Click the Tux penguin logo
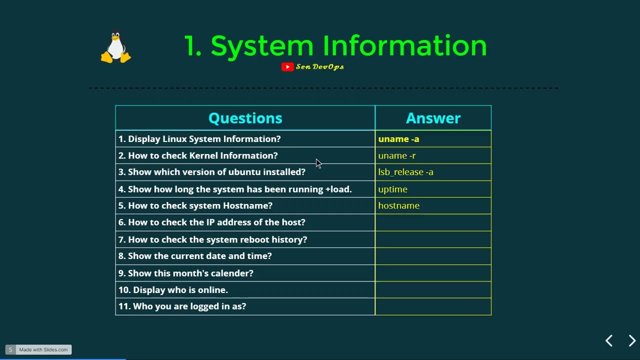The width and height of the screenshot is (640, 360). pos(116,48)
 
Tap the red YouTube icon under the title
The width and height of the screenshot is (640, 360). pos(287,67)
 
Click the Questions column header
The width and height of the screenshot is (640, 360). pos(245,118)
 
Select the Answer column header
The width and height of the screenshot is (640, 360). pos(433,118)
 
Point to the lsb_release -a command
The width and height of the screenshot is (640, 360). pos(405,172)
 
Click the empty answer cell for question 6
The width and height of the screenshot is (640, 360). pos(433,222)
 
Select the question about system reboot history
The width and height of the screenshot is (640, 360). pos(212,239)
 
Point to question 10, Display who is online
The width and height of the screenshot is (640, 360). pos(173,290)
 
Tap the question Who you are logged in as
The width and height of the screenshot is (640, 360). pos(182,306)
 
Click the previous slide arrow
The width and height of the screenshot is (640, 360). pos(609,341)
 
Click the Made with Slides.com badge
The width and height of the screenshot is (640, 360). pos(39,349)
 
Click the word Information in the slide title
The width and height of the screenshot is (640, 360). pos(404,46)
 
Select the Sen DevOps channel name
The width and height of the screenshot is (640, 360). pos(320,67)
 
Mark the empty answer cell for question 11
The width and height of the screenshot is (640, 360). pos(433,306)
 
